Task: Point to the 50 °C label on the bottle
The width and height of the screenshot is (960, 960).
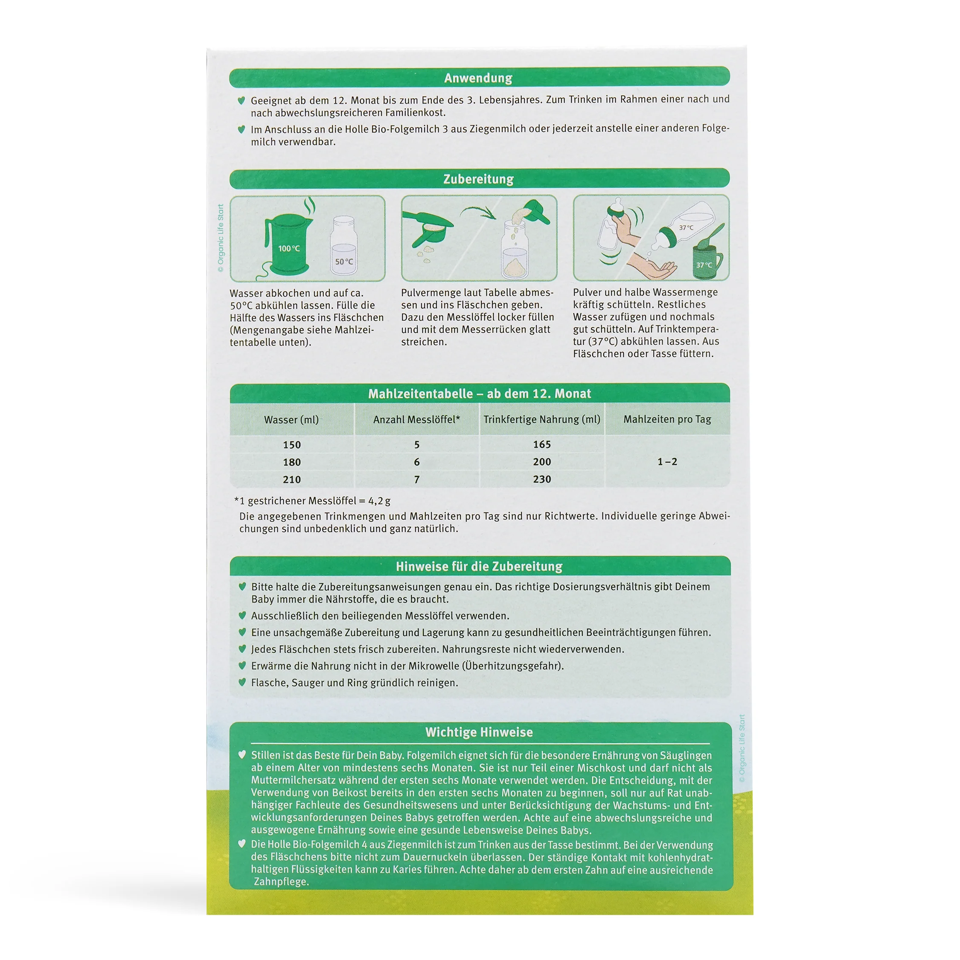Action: coord(344,262)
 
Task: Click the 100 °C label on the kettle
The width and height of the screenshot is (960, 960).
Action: coord(289,248)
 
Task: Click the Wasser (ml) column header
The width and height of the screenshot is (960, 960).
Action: coord(292,420)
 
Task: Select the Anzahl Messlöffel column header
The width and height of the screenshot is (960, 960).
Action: coord(416,419)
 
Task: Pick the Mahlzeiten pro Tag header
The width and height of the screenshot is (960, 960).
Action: coord(667,419)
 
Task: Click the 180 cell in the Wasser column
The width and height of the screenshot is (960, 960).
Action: coord(292,462)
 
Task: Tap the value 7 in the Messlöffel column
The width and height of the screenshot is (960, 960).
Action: coord(417,480)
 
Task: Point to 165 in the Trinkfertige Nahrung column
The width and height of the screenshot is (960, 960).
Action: coord(542,444)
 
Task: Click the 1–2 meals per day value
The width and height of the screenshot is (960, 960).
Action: coord(667,462)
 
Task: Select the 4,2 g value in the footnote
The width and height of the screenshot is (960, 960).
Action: coord(379,501)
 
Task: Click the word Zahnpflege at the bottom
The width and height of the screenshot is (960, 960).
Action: coord(281,881)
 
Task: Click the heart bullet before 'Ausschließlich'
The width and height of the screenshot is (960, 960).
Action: coord(242,615)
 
